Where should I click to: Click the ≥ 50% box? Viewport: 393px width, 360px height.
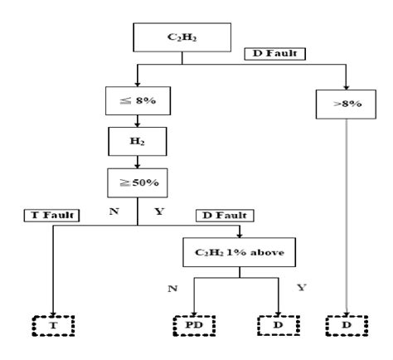tap(138, 180)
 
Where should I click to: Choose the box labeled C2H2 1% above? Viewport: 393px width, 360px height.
tap(240, 250)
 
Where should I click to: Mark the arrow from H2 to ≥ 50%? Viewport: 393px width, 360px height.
tap(138, 162)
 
